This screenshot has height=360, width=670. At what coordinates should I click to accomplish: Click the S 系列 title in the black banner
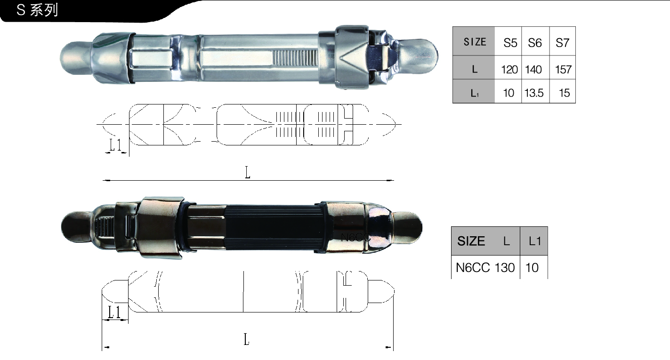37,10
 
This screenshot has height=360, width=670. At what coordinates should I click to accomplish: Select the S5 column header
510,43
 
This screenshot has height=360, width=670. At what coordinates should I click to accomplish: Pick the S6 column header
535,43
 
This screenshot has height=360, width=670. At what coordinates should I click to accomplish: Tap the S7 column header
562,43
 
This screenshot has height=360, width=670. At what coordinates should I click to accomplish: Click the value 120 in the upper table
509,70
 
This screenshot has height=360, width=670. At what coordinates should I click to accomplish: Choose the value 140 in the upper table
533,70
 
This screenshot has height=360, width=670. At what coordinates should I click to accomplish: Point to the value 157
563,70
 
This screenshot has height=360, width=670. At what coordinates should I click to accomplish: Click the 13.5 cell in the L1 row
534,93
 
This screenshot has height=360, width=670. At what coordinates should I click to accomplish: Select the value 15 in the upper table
565,93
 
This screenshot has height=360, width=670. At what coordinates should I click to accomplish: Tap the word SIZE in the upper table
475,42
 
